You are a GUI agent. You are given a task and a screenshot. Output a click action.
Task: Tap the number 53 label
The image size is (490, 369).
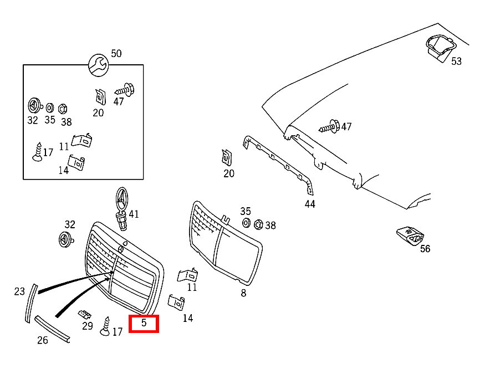456,61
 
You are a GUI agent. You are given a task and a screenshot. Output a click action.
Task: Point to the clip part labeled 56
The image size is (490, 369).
409,236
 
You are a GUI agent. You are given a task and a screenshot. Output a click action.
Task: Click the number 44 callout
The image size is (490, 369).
310,204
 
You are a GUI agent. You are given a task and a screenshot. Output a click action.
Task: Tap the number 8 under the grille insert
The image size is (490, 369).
243,293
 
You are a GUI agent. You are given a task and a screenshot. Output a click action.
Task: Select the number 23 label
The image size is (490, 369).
19,291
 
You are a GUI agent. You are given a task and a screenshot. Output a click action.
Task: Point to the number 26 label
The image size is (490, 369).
43,340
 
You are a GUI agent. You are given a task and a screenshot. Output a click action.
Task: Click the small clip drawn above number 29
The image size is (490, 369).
85,314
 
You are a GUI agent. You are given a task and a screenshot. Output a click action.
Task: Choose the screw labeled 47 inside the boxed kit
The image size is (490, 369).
125,88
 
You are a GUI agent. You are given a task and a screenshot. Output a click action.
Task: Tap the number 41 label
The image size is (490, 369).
134,214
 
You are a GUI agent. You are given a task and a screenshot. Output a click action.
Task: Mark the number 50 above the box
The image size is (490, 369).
116,54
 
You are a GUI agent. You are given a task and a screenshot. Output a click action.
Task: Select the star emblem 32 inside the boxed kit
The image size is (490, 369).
34,105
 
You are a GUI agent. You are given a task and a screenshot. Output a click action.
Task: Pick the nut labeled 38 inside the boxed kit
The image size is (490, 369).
63,108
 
